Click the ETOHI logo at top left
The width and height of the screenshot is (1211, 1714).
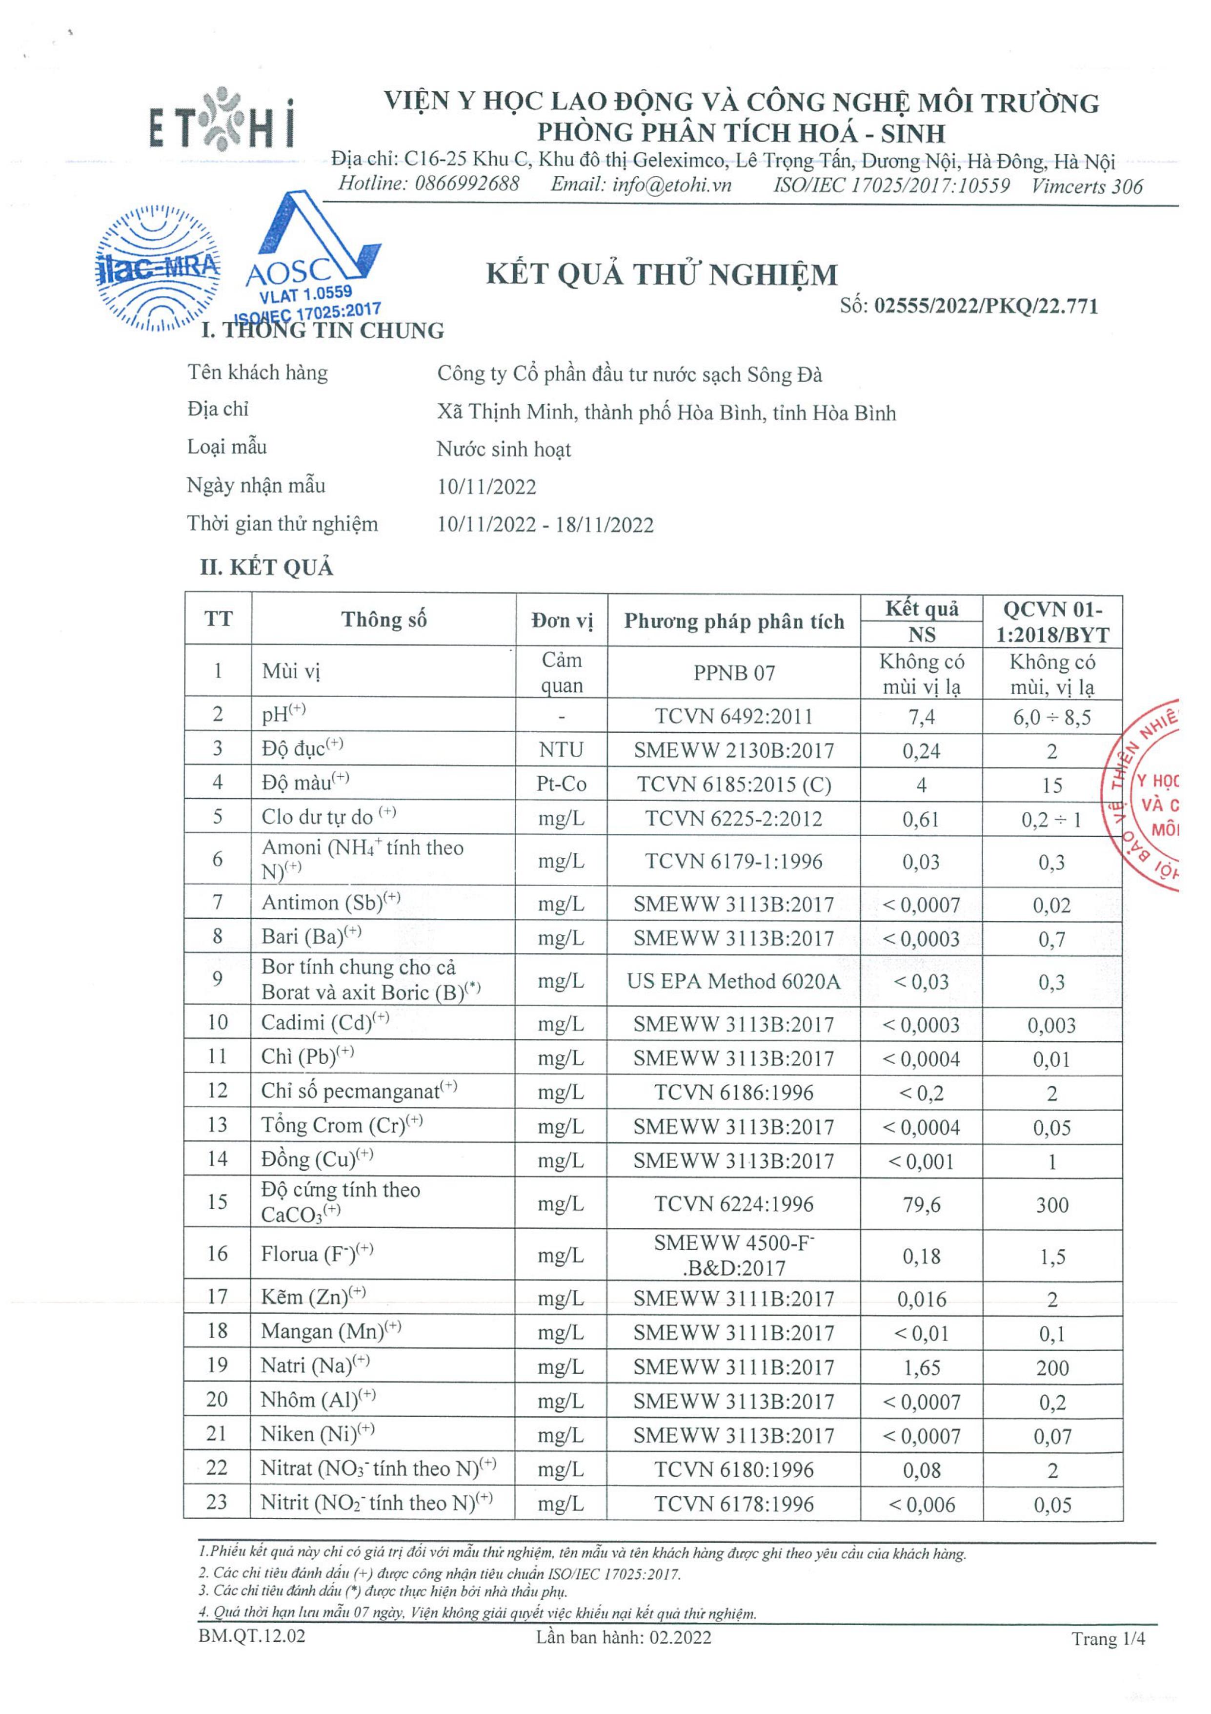[x=222, y=121]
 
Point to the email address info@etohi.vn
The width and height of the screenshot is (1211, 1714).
[x=671, y=185]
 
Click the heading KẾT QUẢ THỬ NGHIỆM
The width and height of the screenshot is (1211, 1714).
[x=662, y=275]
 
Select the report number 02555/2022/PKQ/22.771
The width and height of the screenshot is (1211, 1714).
[x=986, y=306]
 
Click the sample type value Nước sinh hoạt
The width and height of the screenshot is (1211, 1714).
[x=504, y=450]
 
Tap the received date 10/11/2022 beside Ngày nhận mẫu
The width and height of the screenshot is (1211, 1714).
[x=486, y=487]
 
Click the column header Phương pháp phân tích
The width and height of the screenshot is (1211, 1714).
[x=733, y=621]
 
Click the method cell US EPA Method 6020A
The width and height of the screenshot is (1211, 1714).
[x=733, y=981]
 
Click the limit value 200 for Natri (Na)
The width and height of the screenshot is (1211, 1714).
[x=1052, y=1367]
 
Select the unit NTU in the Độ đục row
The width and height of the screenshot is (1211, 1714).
[x=561, y=749]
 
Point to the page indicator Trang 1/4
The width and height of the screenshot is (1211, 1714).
[x=1107, y=1639]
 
